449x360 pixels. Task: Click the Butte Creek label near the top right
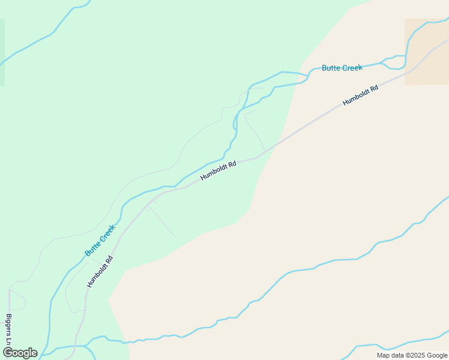pos(342,68)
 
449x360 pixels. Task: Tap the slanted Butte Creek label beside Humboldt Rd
pos(100,241)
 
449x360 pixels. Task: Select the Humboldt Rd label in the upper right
pos(360,96)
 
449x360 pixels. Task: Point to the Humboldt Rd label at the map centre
pos(218,170)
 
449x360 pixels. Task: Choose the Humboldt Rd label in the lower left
pos(100,272)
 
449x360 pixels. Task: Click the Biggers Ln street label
pos(8,329)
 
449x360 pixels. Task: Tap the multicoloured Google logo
pos(20,353)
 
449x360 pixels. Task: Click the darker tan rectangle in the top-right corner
pos(426,51)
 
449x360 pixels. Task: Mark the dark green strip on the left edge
pos(2,52)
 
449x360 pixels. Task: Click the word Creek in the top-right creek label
pos(352,68)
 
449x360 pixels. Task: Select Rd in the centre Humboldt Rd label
pos(232,163)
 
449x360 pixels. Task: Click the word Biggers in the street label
pos(8,325)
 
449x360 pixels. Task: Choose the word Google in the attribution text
pos(435,355)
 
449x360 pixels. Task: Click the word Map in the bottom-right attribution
pos(383,355)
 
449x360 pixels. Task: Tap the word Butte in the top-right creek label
pos(331,68)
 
